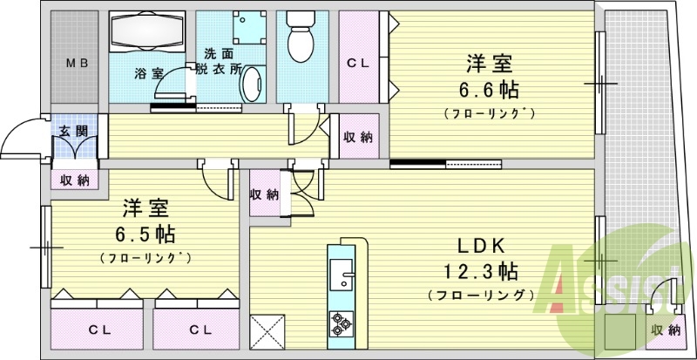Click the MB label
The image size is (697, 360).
[x=78, y=63]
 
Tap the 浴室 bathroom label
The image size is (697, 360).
[x=147, y=73]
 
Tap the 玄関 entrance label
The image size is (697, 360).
[x=73, y=132]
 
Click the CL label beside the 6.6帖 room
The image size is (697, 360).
[x=359, y=63]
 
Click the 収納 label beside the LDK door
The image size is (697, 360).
[x=264, y=194]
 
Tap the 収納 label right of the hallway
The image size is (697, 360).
[x=358, y=137]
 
